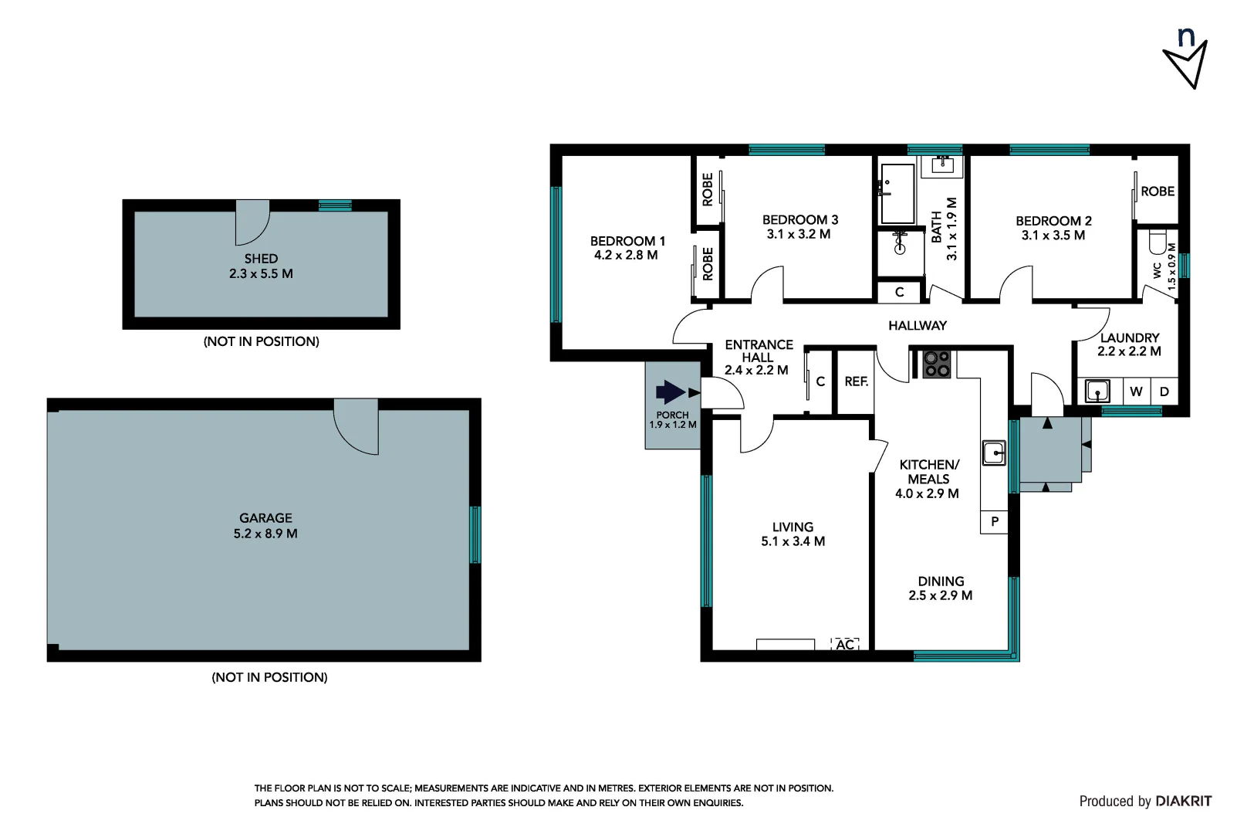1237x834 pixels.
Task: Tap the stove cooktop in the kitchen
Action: point(937,364)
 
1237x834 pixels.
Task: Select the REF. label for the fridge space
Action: point(856,381)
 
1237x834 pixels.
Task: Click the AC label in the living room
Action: point(845,644)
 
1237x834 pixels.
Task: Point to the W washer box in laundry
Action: point(1136,392)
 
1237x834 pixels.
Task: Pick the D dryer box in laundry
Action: point(1164,392)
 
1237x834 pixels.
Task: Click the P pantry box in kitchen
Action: point(994,522)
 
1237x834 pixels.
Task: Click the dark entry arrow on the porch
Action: point(670,392)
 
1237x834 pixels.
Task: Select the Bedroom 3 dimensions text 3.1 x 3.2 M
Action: point(799,234)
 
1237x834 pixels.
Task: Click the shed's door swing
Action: point(252,222)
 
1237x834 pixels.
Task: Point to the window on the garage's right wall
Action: point(475,534)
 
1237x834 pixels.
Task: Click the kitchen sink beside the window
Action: point(994,452)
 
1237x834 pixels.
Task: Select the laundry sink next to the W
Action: point(1097,391)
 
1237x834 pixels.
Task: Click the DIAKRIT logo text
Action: point(1184,801)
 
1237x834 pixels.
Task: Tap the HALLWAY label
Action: point(917,326)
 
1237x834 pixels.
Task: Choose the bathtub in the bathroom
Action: point(897,193)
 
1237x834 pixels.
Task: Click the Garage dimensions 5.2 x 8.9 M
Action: point(265,534)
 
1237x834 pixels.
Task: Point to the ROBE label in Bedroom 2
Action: point(1157,192)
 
